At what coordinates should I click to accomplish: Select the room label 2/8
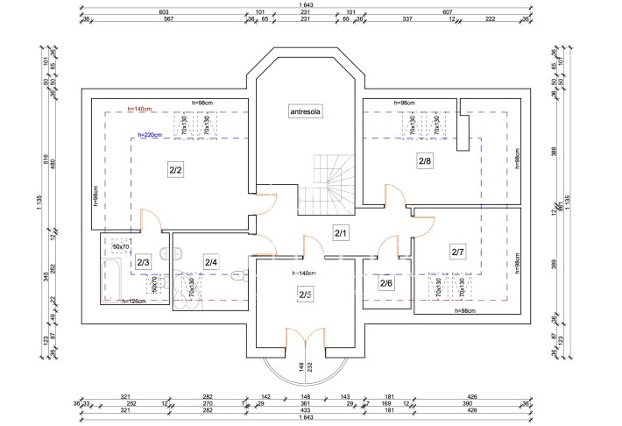[x=424, y=161]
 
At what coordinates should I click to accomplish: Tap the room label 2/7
[x=457, y=252]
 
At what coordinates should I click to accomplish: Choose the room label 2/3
[x=143, y=261]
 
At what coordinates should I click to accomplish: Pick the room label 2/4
[x=211, y=261]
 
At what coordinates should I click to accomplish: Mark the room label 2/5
[x=305, y=294]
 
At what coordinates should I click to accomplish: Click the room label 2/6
[x=386, y=282]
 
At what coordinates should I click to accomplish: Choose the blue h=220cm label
[x=152, y=136]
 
